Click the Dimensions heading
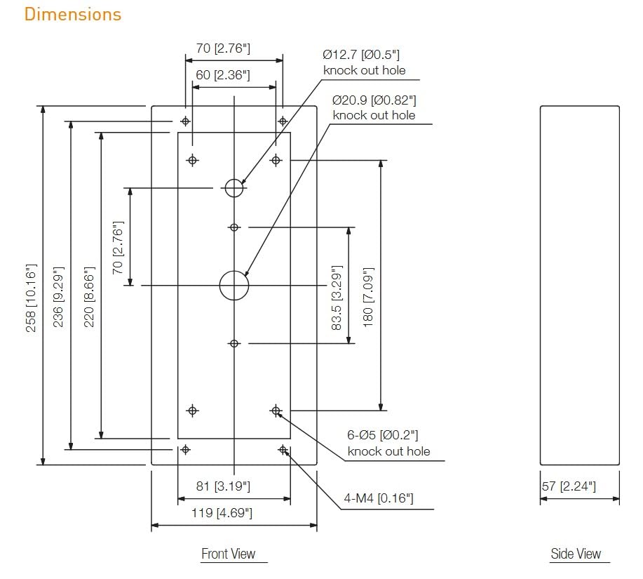[73, 14]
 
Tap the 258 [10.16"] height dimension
[31, 298]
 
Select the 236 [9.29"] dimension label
[59, 297]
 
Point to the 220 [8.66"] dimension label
[89, 297]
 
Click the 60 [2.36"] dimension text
[223, 75]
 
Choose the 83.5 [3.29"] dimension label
[337, 298]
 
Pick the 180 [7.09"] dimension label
[368, 297]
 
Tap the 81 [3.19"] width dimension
[223, 486]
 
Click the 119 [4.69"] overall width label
[222, 513]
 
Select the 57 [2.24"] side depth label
[569, 486]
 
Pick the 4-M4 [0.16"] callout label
[379, 498]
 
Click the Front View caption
[229, 554]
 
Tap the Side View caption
[576, 554]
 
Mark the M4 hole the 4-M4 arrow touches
[283, 450]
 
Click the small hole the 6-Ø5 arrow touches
[276, 411]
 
